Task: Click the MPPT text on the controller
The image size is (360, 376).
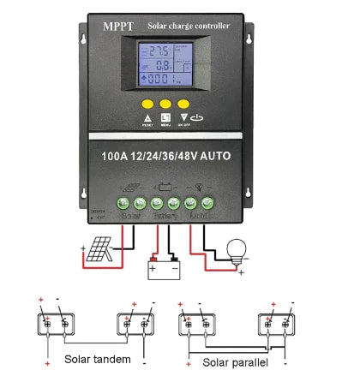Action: click(x=116, y=27)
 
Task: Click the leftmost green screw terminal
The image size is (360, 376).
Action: click(x=123, y=203)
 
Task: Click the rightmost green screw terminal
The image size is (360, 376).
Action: click(x=207, y=203)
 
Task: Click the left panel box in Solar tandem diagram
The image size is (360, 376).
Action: click(x=52, y=326)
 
